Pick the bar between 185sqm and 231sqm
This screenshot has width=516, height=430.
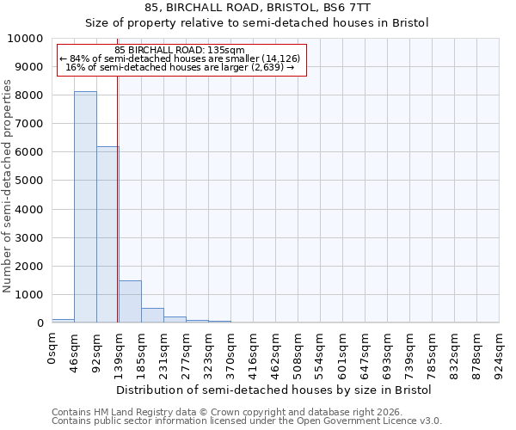(152, 315)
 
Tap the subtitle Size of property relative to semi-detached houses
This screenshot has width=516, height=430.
(257, 22)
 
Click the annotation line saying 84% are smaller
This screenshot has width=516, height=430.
(180, 58)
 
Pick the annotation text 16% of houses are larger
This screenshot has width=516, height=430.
(180, 67)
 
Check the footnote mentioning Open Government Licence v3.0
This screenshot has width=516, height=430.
(247, 421)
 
